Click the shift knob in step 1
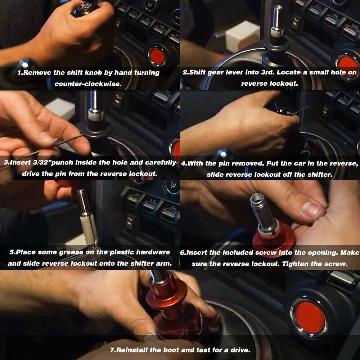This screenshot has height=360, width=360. [x=85, y=9]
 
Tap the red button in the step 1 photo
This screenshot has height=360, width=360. [x=158, y=57]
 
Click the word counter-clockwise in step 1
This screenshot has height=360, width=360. [x=88, y=84]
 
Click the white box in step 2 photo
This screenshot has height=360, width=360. [x=242, y=36]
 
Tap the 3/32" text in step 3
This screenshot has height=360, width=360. [x=42, y=163]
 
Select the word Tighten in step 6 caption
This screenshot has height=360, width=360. [x=296, y=264]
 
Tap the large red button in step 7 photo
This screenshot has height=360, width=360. [x=310, y=317]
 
